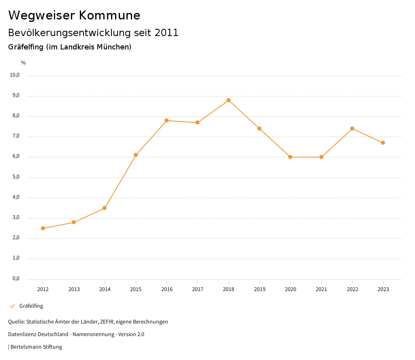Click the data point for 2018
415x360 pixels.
click(x=229, y=100)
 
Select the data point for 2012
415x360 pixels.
click(x=43, y=228)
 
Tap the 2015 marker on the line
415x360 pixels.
click(x=136, y=155)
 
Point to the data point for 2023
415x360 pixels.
click(x=383, y=143)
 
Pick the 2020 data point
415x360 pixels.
click(x=290, y=157)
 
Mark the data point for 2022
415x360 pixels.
click(x=352, y=129)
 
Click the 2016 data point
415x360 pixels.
click(x=167, y=120)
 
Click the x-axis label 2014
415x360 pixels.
click(x=105, y=289)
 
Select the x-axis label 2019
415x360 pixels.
click(x=259, y=289)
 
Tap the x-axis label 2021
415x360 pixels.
click(x=321, y=289)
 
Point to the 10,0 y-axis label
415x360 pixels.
click(x=15, y=75)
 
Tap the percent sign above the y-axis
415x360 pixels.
click(x=24, y=63)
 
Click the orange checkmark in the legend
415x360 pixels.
click(x=12, y=306)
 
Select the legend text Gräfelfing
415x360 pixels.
click(x=31, y=306)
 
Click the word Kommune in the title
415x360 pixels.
click(x=109, y=15)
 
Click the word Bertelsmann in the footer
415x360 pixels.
click(x=26, y=347)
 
